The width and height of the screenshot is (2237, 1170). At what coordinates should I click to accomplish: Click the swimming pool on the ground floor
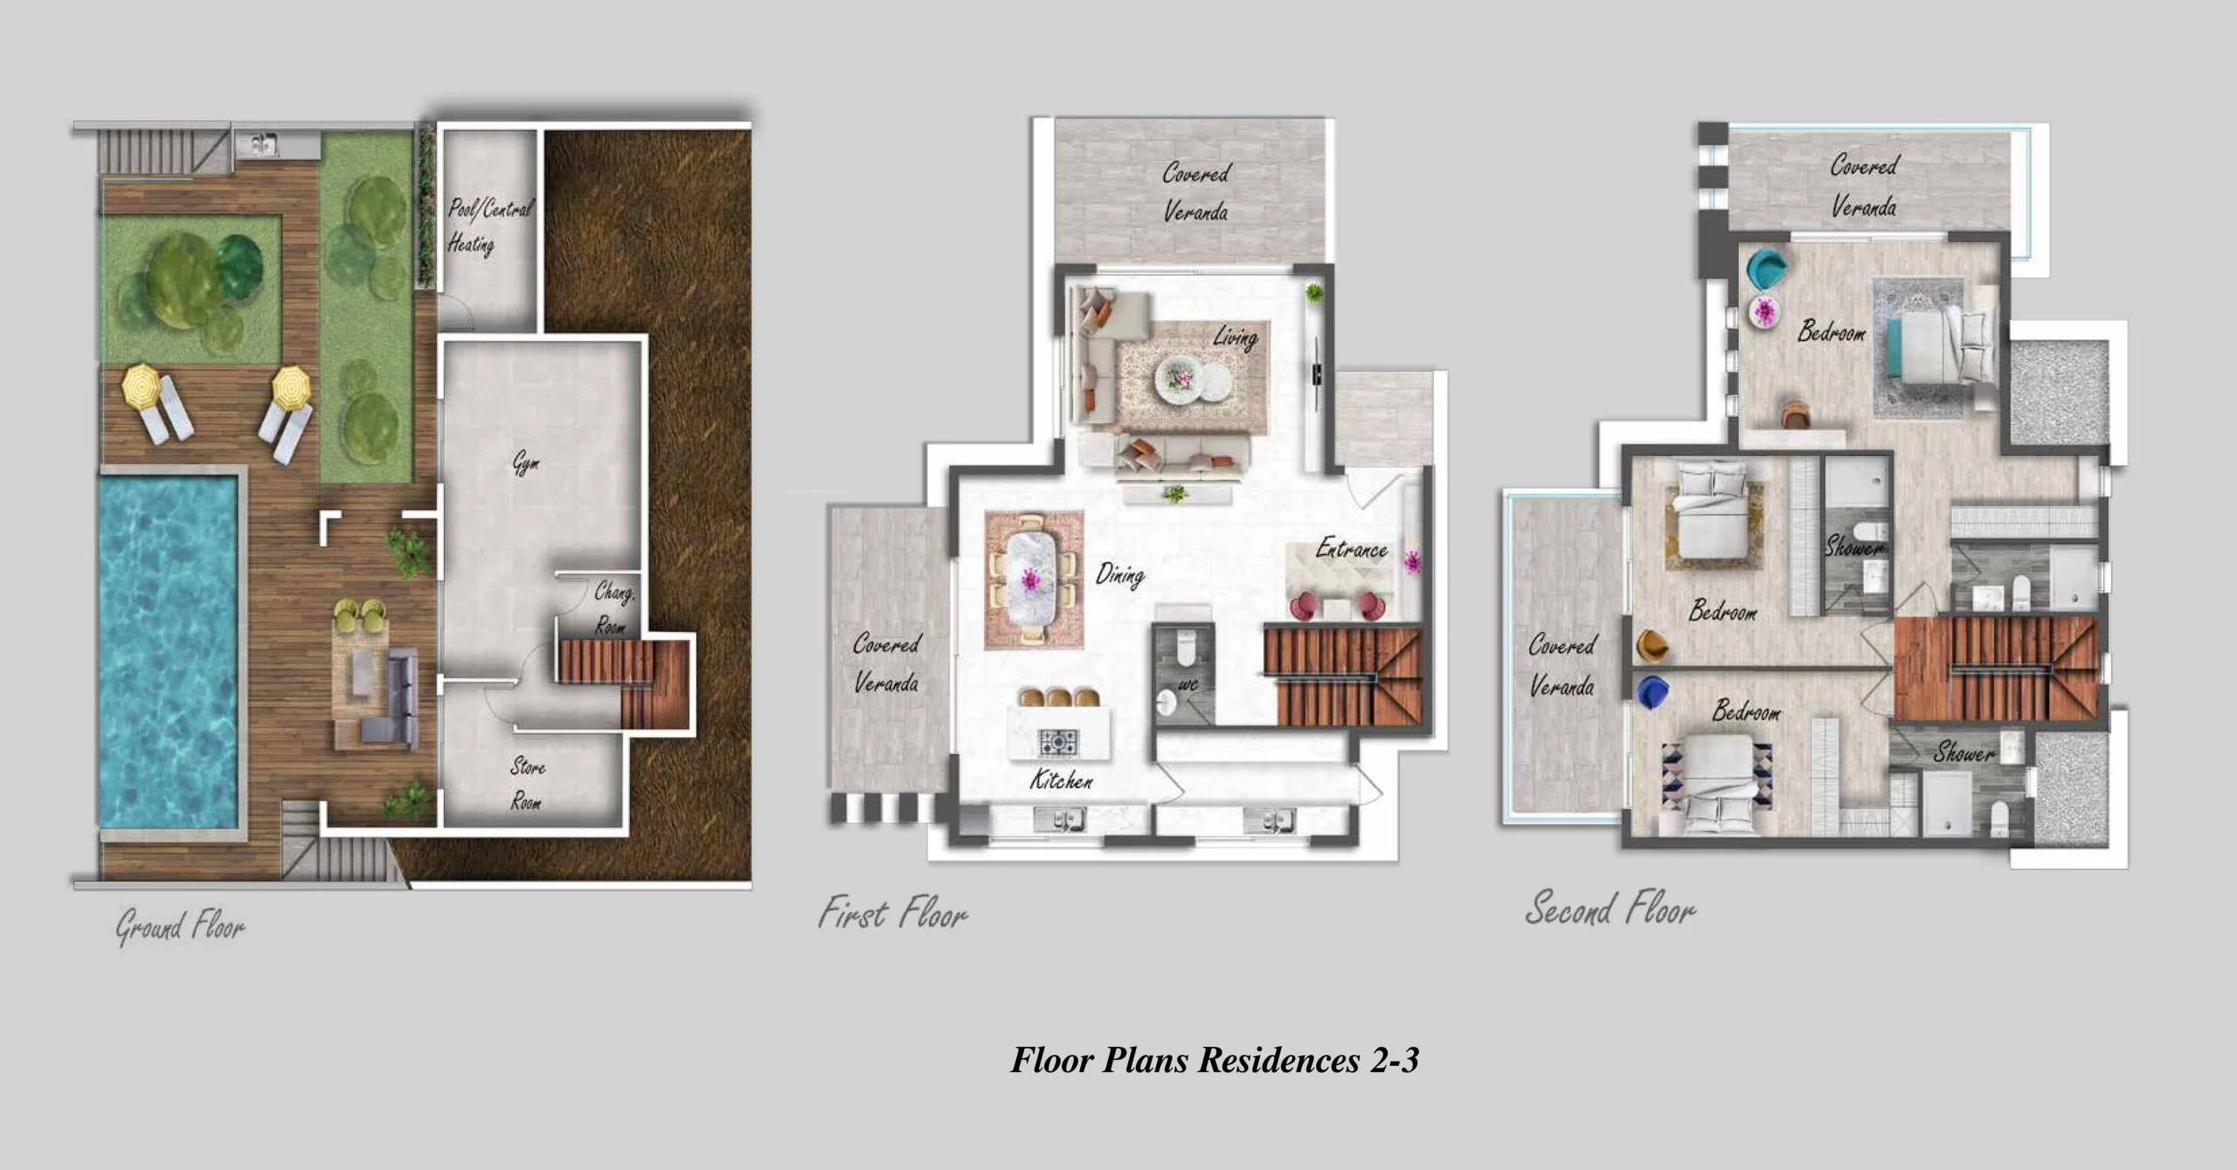coord(168,650)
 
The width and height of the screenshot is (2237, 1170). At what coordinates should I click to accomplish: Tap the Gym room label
coord(525,463)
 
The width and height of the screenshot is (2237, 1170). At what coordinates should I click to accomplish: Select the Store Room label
coord(527,784)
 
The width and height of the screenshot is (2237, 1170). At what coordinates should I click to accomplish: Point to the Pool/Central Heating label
coord(489,225)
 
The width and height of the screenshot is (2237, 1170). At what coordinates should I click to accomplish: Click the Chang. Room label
coord(613,607)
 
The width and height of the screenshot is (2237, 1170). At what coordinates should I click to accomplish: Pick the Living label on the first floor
coord(1236,337)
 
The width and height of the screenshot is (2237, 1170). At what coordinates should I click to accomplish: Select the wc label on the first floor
coord(1188,684)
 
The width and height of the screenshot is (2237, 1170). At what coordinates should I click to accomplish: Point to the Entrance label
coord(1352,549)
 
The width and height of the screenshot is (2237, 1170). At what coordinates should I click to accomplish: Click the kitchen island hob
coord(1058,742)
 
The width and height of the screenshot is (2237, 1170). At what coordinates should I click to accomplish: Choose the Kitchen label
coord(1061,779)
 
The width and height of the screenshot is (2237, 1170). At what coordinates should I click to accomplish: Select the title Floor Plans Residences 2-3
coord(1215,1060)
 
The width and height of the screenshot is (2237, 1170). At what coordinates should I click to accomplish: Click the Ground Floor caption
coord(181,926)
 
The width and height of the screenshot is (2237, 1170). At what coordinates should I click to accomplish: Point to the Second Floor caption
coord(1610,909)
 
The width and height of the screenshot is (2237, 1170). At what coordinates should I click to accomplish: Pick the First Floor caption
coord(893,913)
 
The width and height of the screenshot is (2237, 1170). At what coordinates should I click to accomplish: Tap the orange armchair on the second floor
coord(1652,646)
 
